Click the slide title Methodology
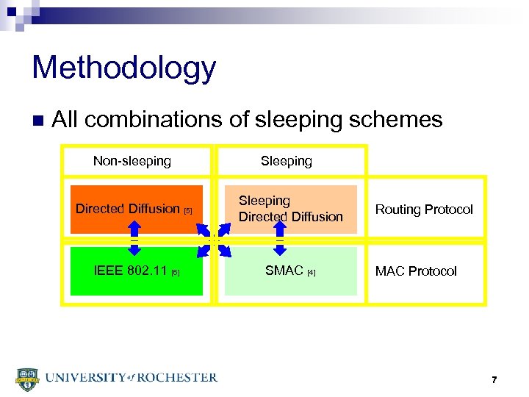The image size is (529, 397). pos(123,68)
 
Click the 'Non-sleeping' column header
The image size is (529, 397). pos(132,161)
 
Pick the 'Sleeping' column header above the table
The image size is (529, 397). pos(286,161)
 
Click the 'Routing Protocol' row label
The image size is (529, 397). pos(424,210)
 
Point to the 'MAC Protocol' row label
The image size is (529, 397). pos(416,271)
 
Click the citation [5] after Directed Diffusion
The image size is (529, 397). pos(187,211)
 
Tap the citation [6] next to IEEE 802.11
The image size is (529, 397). pos(175,273)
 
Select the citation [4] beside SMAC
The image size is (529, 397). pos(312,273)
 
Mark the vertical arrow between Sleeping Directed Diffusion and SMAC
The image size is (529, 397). pos(280,240)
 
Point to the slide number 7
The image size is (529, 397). pos(494,379)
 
